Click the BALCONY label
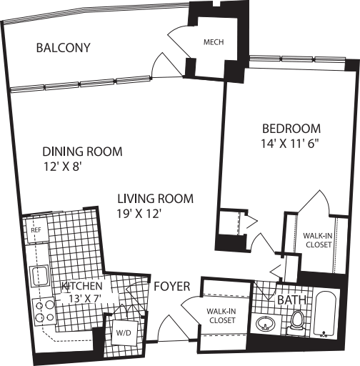point(64,48)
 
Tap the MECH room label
point(213,42)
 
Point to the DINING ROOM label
point(82,152)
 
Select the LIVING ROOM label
point(156,198)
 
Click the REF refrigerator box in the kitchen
point(34,231)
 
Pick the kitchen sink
point(38,274)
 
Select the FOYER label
point(171,287)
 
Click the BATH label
point(291,300)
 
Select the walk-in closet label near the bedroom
point(317,239)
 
